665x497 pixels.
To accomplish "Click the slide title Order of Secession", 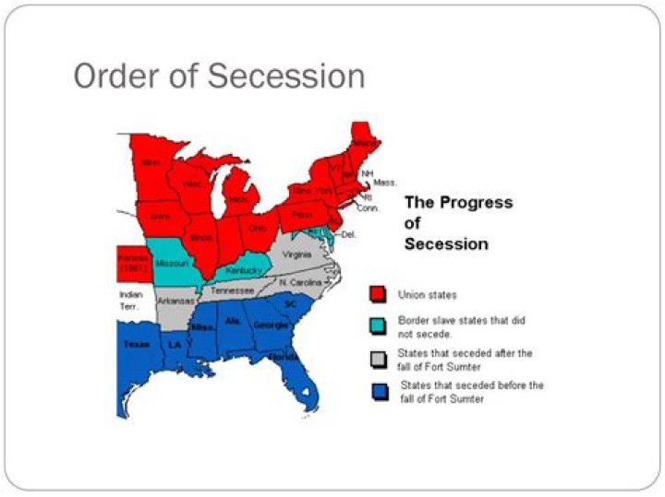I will (x=219, y=76).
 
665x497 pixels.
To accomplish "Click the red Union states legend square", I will (x=377, y=294).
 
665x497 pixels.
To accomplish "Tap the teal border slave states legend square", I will (x=377, y=326).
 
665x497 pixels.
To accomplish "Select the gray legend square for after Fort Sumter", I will (x=377, y=359).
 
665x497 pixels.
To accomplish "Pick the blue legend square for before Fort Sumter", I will (x=377, y=391).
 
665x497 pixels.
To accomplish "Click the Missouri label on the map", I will (x=173, y=263).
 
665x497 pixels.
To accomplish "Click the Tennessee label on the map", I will (x=232, y=290).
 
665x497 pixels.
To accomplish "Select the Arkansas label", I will (x=173, y=301).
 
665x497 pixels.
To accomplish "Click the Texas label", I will (x=136, y=344).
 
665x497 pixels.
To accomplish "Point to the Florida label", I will (x=283, y=355).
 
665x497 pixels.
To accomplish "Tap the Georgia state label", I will (x=269, y=325).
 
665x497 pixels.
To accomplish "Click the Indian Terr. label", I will (x=131, y=300).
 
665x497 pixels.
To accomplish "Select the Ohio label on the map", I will (x=258, y=228).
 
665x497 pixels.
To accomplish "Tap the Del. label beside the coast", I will (x=349, y=235).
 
